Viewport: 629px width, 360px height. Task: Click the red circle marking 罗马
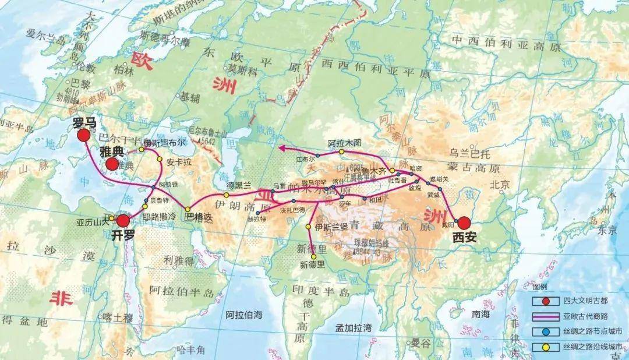[83, 135]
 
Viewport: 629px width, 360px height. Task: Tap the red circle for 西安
[464, 223]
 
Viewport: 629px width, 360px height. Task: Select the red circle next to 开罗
[123, 220]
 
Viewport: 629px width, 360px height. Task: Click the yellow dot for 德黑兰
[226, 195]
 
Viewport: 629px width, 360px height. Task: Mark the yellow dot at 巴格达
[188, 209]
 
